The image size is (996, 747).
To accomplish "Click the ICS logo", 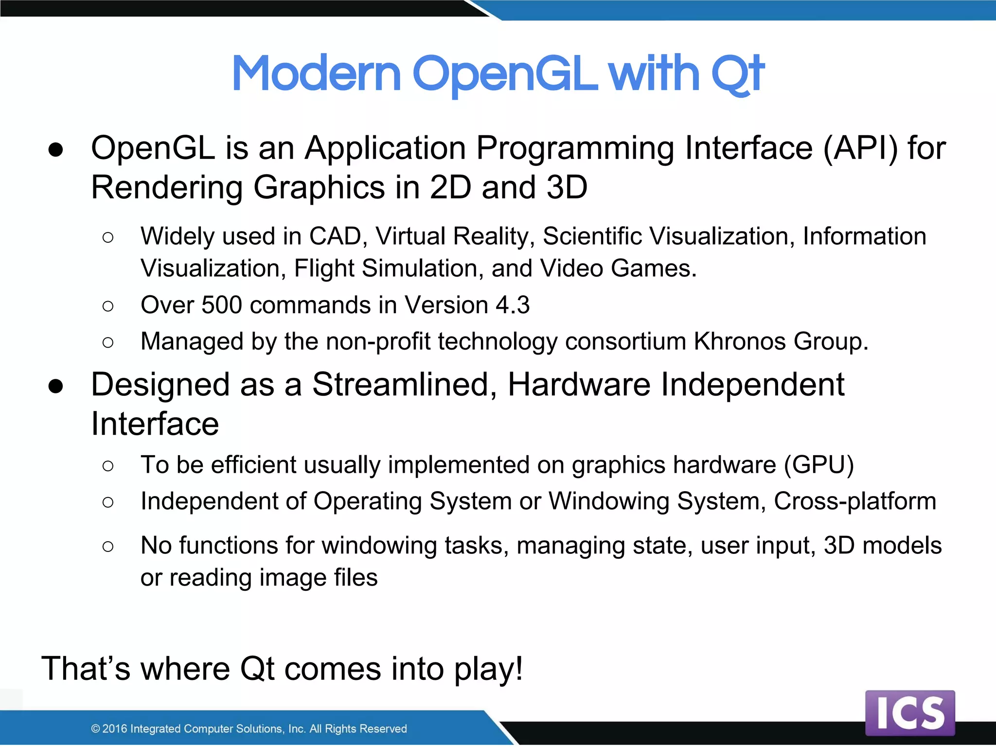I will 910,712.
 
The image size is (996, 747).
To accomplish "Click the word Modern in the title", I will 316,74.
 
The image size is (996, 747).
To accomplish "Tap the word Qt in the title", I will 737,74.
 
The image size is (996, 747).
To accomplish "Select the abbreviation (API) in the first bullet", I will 860,148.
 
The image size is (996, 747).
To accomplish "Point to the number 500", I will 221,305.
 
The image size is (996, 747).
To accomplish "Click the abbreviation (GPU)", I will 819,465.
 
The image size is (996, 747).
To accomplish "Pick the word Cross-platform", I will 855,501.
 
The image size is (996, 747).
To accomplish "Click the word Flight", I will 324,268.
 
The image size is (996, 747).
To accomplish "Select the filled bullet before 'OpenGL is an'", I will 56,150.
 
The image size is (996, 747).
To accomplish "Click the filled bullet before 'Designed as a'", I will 56,386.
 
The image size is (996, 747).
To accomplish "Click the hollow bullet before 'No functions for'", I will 108,547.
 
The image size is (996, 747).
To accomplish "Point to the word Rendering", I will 167,188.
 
